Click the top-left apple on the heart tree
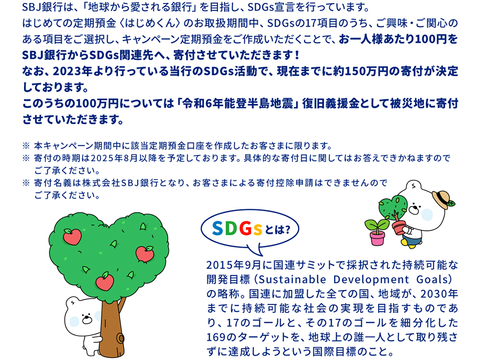pyautogui.click(x=72, y=237)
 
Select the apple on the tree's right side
pyautogui.click(x=145, y=254)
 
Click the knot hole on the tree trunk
pyautogui.click(x=120, y=338)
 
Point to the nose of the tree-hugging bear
pyautogui.click(x=87, y=320)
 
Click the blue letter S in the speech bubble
pyautogui.click(x=217, y=228)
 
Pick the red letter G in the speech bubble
pyautogui.click(x=245, y=228)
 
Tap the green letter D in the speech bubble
pyautogui.click(x=231, y=228)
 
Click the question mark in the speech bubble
pyautogui.click(x=287, y=229)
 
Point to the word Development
pyautogui.click(x=371, y=279)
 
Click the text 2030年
pyautogui.click(x=439, y=294)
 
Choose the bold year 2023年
pyautogui.click(x=73, y=72)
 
